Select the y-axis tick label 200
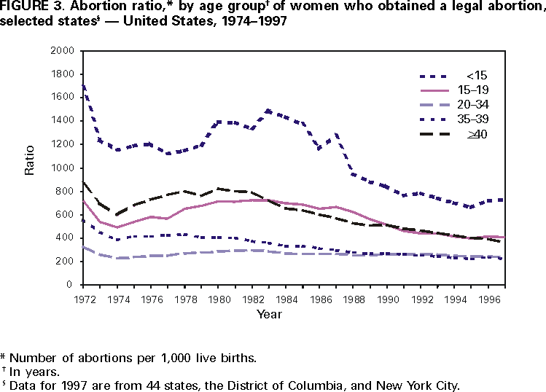[67, 261]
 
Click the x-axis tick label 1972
[85, 297]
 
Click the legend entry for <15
[472, 75]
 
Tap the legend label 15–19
[477, 90]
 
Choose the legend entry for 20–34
[477, 105]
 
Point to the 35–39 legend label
[477, 119]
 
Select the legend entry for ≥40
[477, 135]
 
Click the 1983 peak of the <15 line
[269, 111]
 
